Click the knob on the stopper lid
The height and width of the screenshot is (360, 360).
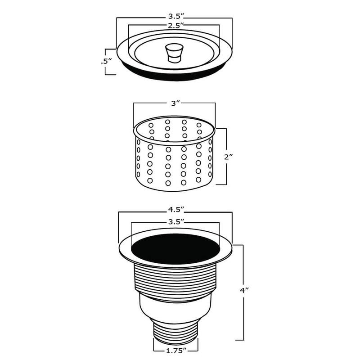[x=174, y=52]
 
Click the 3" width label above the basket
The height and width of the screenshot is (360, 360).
[x=175, y=103]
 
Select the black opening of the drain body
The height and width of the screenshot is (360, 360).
[x=175, y=248]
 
